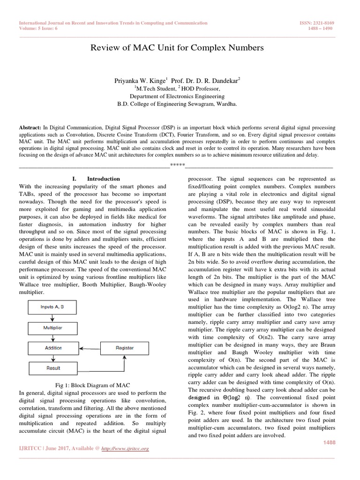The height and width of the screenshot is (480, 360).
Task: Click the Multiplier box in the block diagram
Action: click(x=53, y=327)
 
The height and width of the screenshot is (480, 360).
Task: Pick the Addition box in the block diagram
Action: click(x=53, y=348)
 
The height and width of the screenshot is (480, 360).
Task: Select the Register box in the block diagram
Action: click(x=124, y=348)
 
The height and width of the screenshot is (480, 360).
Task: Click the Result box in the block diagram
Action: click(x=53, y=368)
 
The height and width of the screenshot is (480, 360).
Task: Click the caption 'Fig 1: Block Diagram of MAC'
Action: click(x=89, y=385)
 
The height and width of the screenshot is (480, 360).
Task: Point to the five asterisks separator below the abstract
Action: click(x=178, y=165)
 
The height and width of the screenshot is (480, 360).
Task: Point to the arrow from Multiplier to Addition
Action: click(x=53, y=337)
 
